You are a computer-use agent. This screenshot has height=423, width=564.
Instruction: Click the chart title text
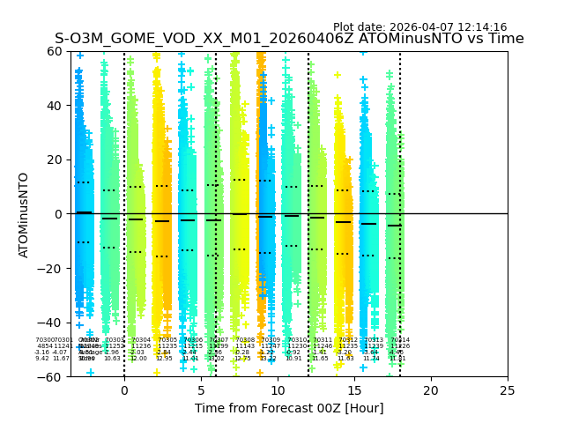tap(289, 39)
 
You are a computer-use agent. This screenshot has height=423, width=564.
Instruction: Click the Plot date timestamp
tap(419, 27)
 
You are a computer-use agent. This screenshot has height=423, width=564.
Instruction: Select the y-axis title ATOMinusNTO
tap(25, 214)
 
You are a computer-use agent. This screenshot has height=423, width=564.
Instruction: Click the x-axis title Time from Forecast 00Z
tap(289, 408)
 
